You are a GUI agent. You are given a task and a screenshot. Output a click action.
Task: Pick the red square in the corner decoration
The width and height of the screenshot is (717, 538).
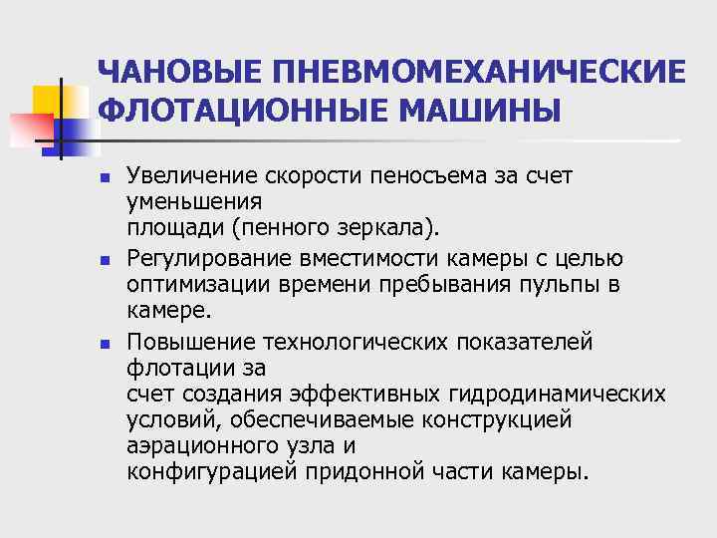[27, 128]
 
